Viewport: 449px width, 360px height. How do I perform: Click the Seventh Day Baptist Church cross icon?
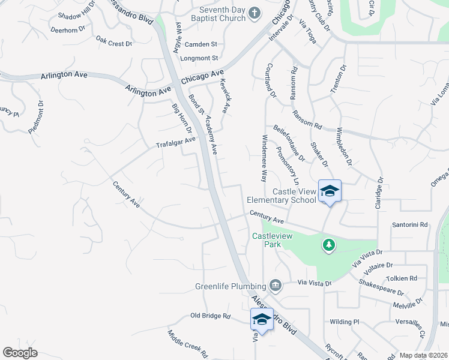click(x=254, y=13)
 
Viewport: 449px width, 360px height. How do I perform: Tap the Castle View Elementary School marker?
click(x=329, y=191)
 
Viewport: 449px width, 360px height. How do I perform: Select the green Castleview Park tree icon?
click(x=328, y=245)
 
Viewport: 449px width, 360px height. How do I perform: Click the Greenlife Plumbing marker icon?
click(x=276, y=285)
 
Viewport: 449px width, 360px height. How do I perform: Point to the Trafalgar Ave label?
click(x=176, y=143)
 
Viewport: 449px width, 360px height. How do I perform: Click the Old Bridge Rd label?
click(x=210, y=316)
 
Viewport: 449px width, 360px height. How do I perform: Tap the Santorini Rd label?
click(x=410, y=225)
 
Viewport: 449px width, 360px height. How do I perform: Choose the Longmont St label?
click(x=201, y=58)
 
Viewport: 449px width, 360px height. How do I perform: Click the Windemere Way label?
click(x=264, y=158)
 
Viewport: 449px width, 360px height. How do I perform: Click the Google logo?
click(x=20, y=353)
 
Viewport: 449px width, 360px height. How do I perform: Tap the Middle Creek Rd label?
click(x=187, y=344)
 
